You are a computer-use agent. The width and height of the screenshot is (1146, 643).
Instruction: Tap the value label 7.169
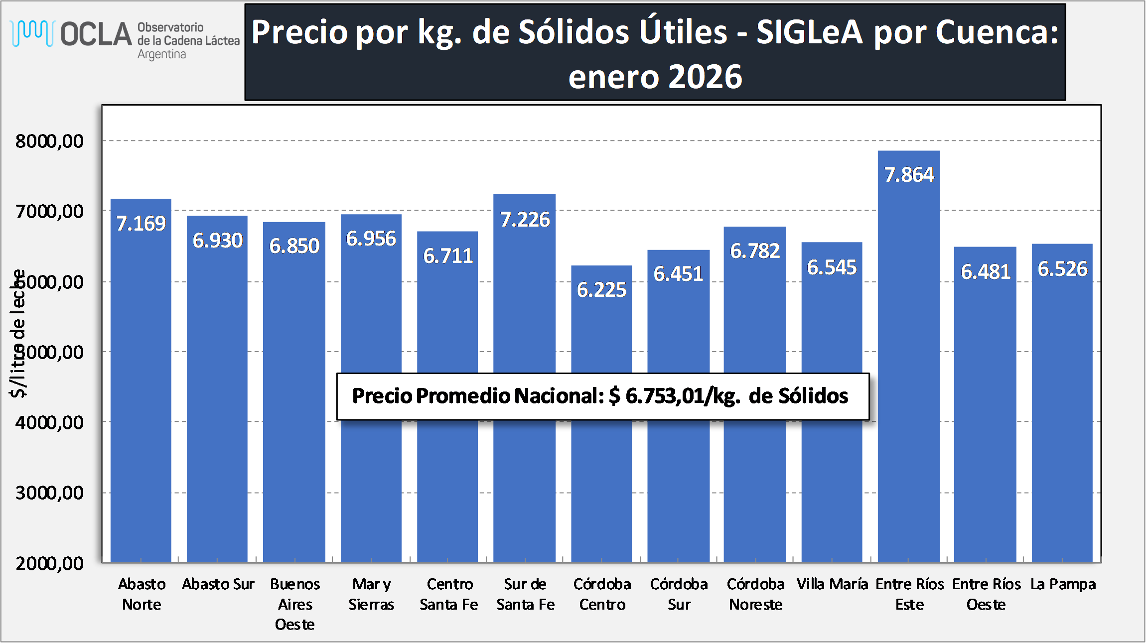pos(141,224)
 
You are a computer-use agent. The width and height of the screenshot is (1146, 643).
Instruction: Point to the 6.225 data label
pos(601,290)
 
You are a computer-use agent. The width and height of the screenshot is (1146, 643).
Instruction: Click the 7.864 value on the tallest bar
pos(909,175)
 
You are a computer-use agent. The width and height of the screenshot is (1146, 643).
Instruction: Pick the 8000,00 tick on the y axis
pos(49,141)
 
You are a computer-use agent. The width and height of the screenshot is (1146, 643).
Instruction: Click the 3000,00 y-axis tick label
pos(49,493)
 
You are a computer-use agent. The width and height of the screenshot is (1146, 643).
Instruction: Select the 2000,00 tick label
pos(49,563)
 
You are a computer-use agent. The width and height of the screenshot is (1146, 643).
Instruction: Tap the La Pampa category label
pos(1063,584)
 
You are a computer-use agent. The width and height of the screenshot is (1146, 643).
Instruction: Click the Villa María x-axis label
pos(832,584)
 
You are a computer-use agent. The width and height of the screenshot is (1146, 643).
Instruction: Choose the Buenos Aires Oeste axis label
pos(295,604)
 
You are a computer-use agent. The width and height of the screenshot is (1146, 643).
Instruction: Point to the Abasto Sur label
pos(218,584)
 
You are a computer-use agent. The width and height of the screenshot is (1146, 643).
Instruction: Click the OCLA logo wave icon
pos(32,33)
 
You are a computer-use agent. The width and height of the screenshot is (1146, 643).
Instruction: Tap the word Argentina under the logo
pos(161,54)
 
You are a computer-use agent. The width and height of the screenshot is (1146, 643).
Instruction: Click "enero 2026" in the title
pos(655,77)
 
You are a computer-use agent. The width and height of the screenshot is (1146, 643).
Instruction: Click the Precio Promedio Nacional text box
pos(602,396)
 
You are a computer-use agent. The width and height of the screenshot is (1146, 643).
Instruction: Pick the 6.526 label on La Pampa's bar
pos(1062,269)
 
